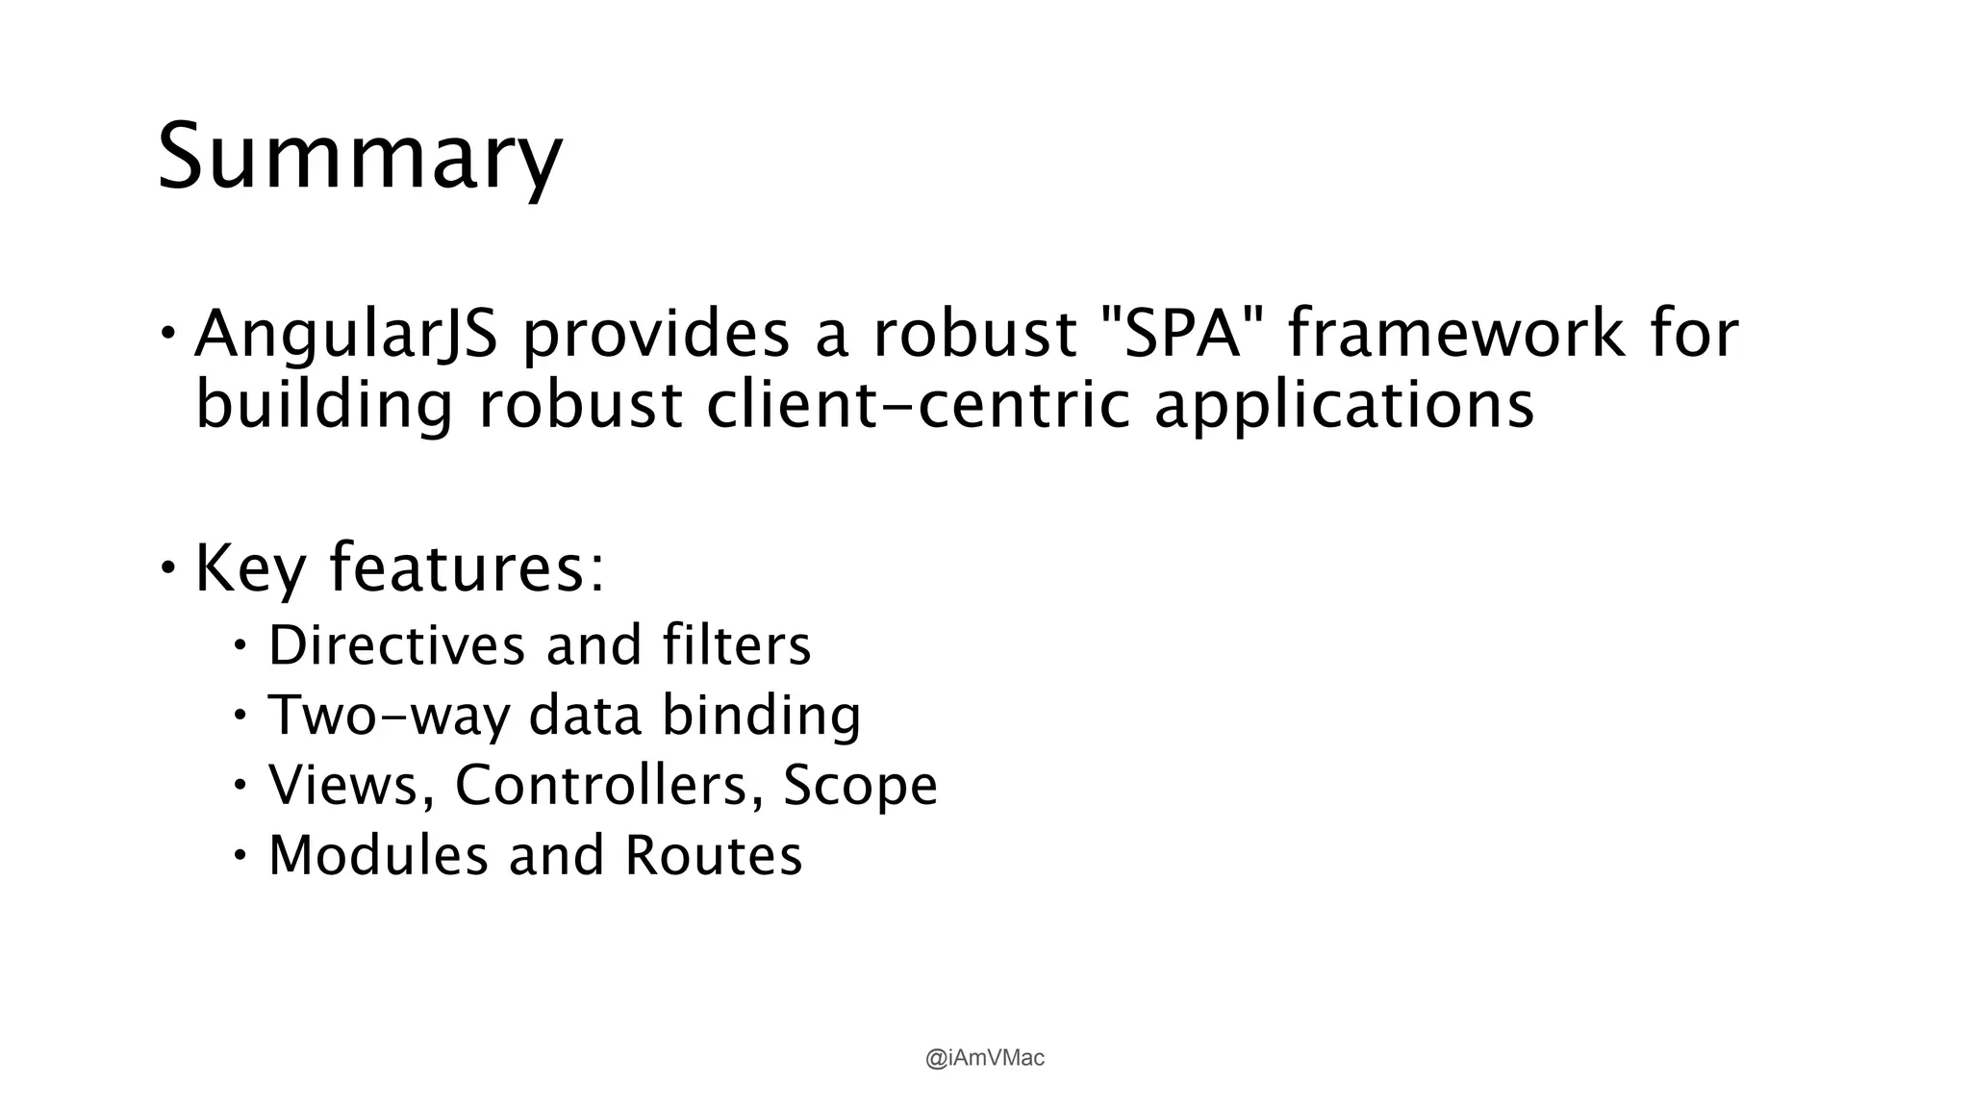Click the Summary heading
point(359,157)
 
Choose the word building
point(324,405)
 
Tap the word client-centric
point(919,404)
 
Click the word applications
point(1344,405)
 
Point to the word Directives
point(395,644)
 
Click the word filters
point(737,644)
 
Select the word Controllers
point(601,785)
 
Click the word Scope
point(860,785)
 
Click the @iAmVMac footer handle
point(984,1058)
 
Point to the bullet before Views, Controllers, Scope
point(240,785)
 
